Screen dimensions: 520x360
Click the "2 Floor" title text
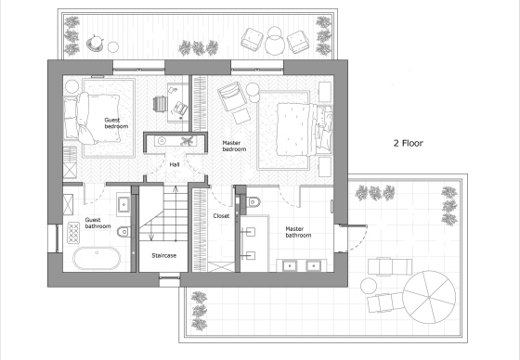(408, 143)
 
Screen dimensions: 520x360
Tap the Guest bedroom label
(116, 123)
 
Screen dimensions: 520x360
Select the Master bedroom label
(234, 146)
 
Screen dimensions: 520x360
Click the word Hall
(175, 164)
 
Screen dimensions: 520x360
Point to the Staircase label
(163, 255)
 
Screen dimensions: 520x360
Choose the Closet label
(221, 216)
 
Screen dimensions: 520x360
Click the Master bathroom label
(298, 232)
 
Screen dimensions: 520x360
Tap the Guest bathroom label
(97, 223)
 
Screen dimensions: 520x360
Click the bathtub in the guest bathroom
(97, 259)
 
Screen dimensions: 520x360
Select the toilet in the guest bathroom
(124, 231)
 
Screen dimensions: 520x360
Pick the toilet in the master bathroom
(253, 201)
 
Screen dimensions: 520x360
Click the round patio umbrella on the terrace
(429, 297)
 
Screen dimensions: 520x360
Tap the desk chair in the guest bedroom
(160, 103)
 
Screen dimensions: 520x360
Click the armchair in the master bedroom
(231, 96)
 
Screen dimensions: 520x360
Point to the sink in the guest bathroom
(123, 204)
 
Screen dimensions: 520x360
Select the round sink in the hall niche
(162, 141)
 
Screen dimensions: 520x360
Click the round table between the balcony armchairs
(275, 45)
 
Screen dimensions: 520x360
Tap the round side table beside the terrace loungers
(369, 286)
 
